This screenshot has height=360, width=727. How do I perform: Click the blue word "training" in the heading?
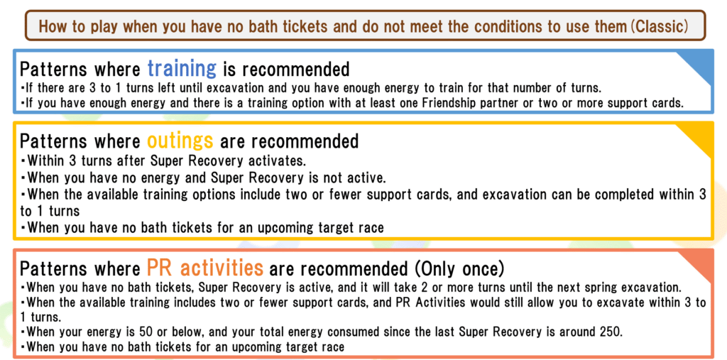[x=182, y=69]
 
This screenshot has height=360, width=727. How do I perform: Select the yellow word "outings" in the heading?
[x=180, y=141]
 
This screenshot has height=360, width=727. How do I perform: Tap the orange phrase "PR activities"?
[x=205, y=268]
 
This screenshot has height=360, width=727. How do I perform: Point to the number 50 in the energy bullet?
[x=145, y=332]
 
